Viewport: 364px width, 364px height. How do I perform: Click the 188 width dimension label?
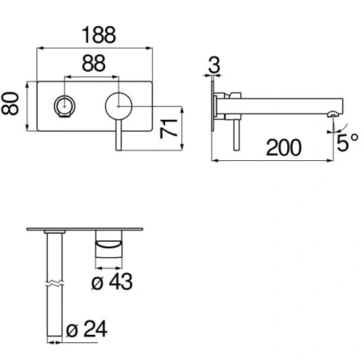(99, 35)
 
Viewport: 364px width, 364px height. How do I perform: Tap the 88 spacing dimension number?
(94, 63)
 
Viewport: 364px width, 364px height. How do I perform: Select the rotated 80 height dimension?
(11, 104)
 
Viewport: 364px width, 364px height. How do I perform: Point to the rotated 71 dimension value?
(168, 128)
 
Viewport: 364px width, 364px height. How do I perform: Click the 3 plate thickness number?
(214, 65)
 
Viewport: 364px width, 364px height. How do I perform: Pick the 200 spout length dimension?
(284, 147)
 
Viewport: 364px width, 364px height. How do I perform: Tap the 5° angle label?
(348, 142)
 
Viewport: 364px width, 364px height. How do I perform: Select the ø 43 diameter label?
(112, 281)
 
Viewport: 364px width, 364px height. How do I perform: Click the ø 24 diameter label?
(87, 328)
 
